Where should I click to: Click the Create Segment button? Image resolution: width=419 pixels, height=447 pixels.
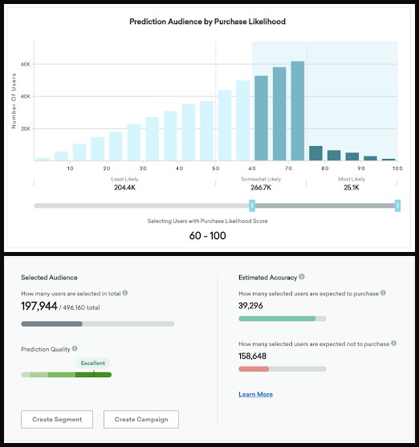pos(57,419)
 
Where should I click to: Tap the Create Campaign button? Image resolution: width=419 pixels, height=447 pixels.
pos(141,419)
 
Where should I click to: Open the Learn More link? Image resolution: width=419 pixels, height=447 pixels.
pos(255,394)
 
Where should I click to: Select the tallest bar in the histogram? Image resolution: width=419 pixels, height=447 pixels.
pos(298,111)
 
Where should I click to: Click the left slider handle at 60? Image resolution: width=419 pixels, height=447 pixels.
pos(252,205)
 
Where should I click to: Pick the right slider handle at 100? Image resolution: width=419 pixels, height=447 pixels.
pos(397,205)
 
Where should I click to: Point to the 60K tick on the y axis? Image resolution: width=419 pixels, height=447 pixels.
pos(26,64)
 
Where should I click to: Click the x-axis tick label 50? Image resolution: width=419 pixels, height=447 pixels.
pos(216,169)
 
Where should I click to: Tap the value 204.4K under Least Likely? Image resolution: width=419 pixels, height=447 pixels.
pos(124,188)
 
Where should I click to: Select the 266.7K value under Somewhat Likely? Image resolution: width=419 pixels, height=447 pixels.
pos(261,188)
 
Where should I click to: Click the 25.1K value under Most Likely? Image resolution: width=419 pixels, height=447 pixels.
pos(352,188)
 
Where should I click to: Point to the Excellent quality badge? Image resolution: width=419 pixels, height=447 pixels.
pos(92,364)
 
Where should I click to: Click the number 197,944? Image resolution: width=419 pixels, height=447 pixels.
pos(39,307)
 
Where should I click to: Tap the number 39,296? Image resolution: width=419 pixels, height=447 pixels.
pos(250,306)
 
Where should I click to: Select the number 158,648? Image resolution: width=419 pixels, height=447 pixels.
pos(252,356)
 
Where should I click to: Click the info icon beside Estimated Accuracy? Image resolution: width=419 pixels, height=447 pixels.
pos(302,277)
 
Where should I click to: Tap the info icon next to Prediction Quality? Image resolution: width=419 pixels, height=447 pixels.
pos(75,348)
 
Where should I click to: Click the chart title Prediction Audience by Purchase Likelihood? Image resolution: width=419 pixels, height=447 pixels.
pos(207,22)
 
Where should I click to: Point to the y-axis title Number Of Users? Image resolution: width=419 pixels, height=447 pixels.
pos(14,101)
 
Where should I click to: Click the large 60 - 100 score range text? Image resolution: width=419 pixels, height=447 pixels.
pos(207,235)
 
